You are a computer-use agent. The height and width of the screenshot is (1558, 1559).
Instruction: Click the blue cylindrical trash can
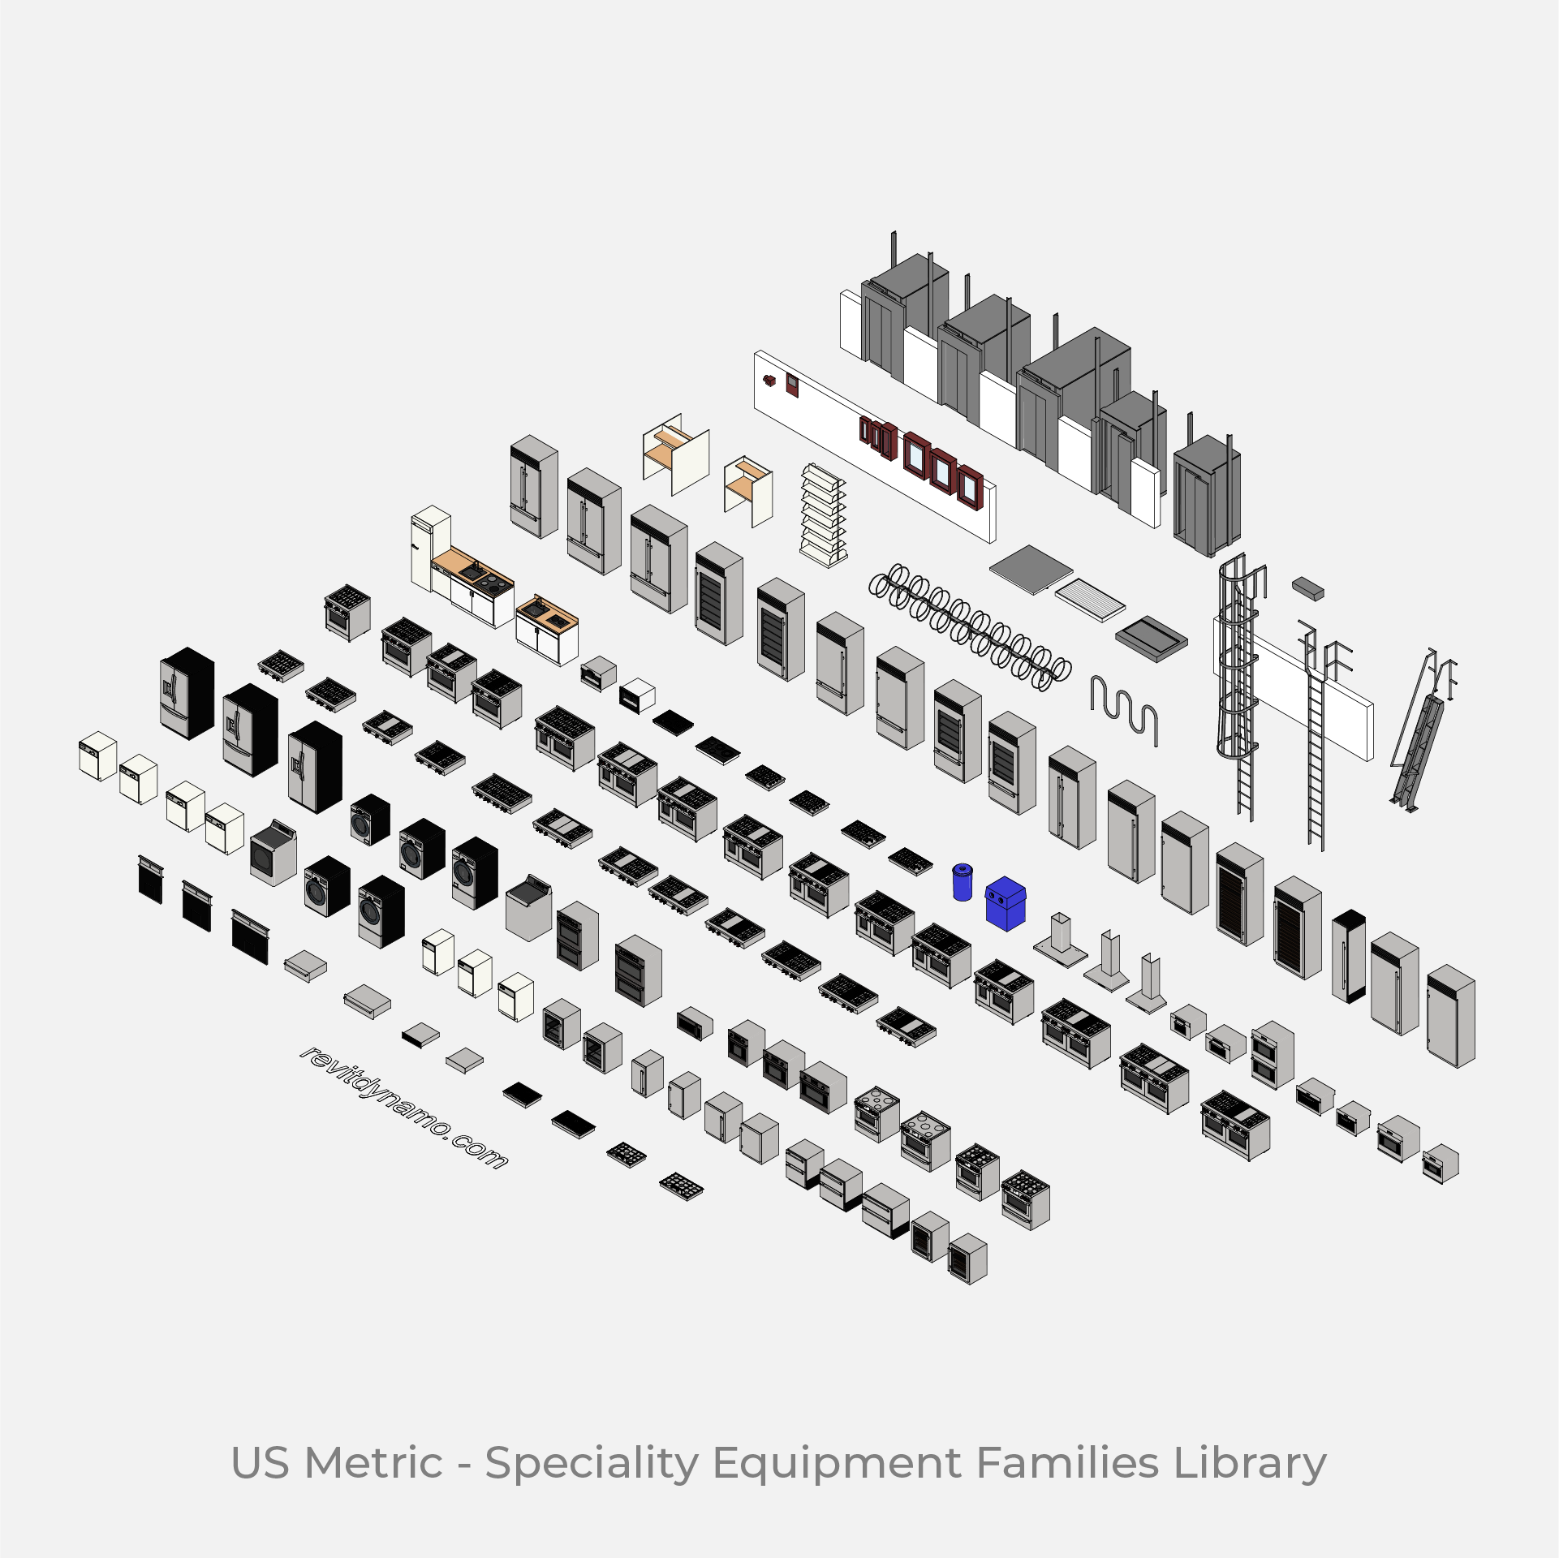(962, 883)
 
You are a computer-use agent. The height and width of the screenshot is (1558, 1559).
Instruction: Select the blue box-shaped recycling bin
(1006, 904)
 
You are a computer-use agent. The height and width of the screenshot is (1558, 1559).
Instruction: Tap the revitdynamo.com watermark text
(403, 1108)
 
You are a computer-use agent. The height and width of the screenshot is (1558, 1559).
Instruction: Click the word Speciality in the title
(591, 1463)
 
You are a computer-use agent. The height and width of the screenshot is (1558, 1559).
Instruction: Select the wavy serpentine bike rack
(1124, 710)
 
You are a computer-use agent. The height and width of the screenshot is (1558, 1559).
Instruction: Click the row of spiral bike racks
(970, 626)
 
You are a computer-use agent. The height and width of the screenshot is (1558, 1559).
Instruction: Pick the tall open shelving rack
(823, 515)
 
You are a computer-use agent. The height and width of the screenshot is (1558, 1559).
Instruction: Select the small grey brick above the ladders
(1307, 588)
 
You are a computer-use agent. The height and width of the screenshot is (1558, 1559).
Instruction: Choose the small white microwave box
(637, 695)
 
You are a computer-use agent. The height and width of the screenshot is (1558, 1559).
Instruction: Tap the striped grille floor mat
(1090, 599)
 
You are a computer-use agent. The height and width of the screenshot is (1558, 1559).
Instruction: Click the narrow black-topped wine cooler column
(1348, 957)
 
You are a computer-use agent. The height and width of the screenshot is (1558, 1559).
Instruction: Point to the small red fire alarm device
(769, 380)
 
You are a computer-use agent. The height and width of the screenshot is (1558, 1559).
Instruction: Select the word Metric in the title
(374, 1463)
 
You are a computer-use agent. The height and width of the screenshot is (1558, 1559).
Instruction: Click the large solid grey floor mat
(1031, 569)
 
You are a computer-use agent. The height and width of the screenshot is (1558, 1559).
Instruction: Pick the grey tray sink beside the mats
(1151, 639)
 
